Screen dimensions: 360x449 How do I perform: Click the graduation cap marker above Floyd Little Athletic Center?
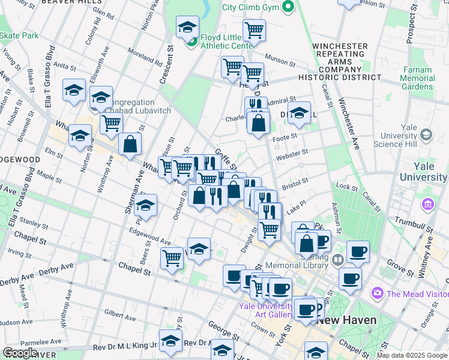187,28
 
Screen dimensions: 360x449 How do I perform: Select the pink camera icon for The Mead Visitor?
378,293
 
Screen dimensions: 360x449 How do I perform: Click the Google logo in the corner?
19,353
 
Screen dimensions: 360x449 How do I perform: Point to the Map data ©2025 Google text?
412,355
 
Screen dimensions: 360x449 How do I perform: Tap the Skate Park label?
19,35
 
